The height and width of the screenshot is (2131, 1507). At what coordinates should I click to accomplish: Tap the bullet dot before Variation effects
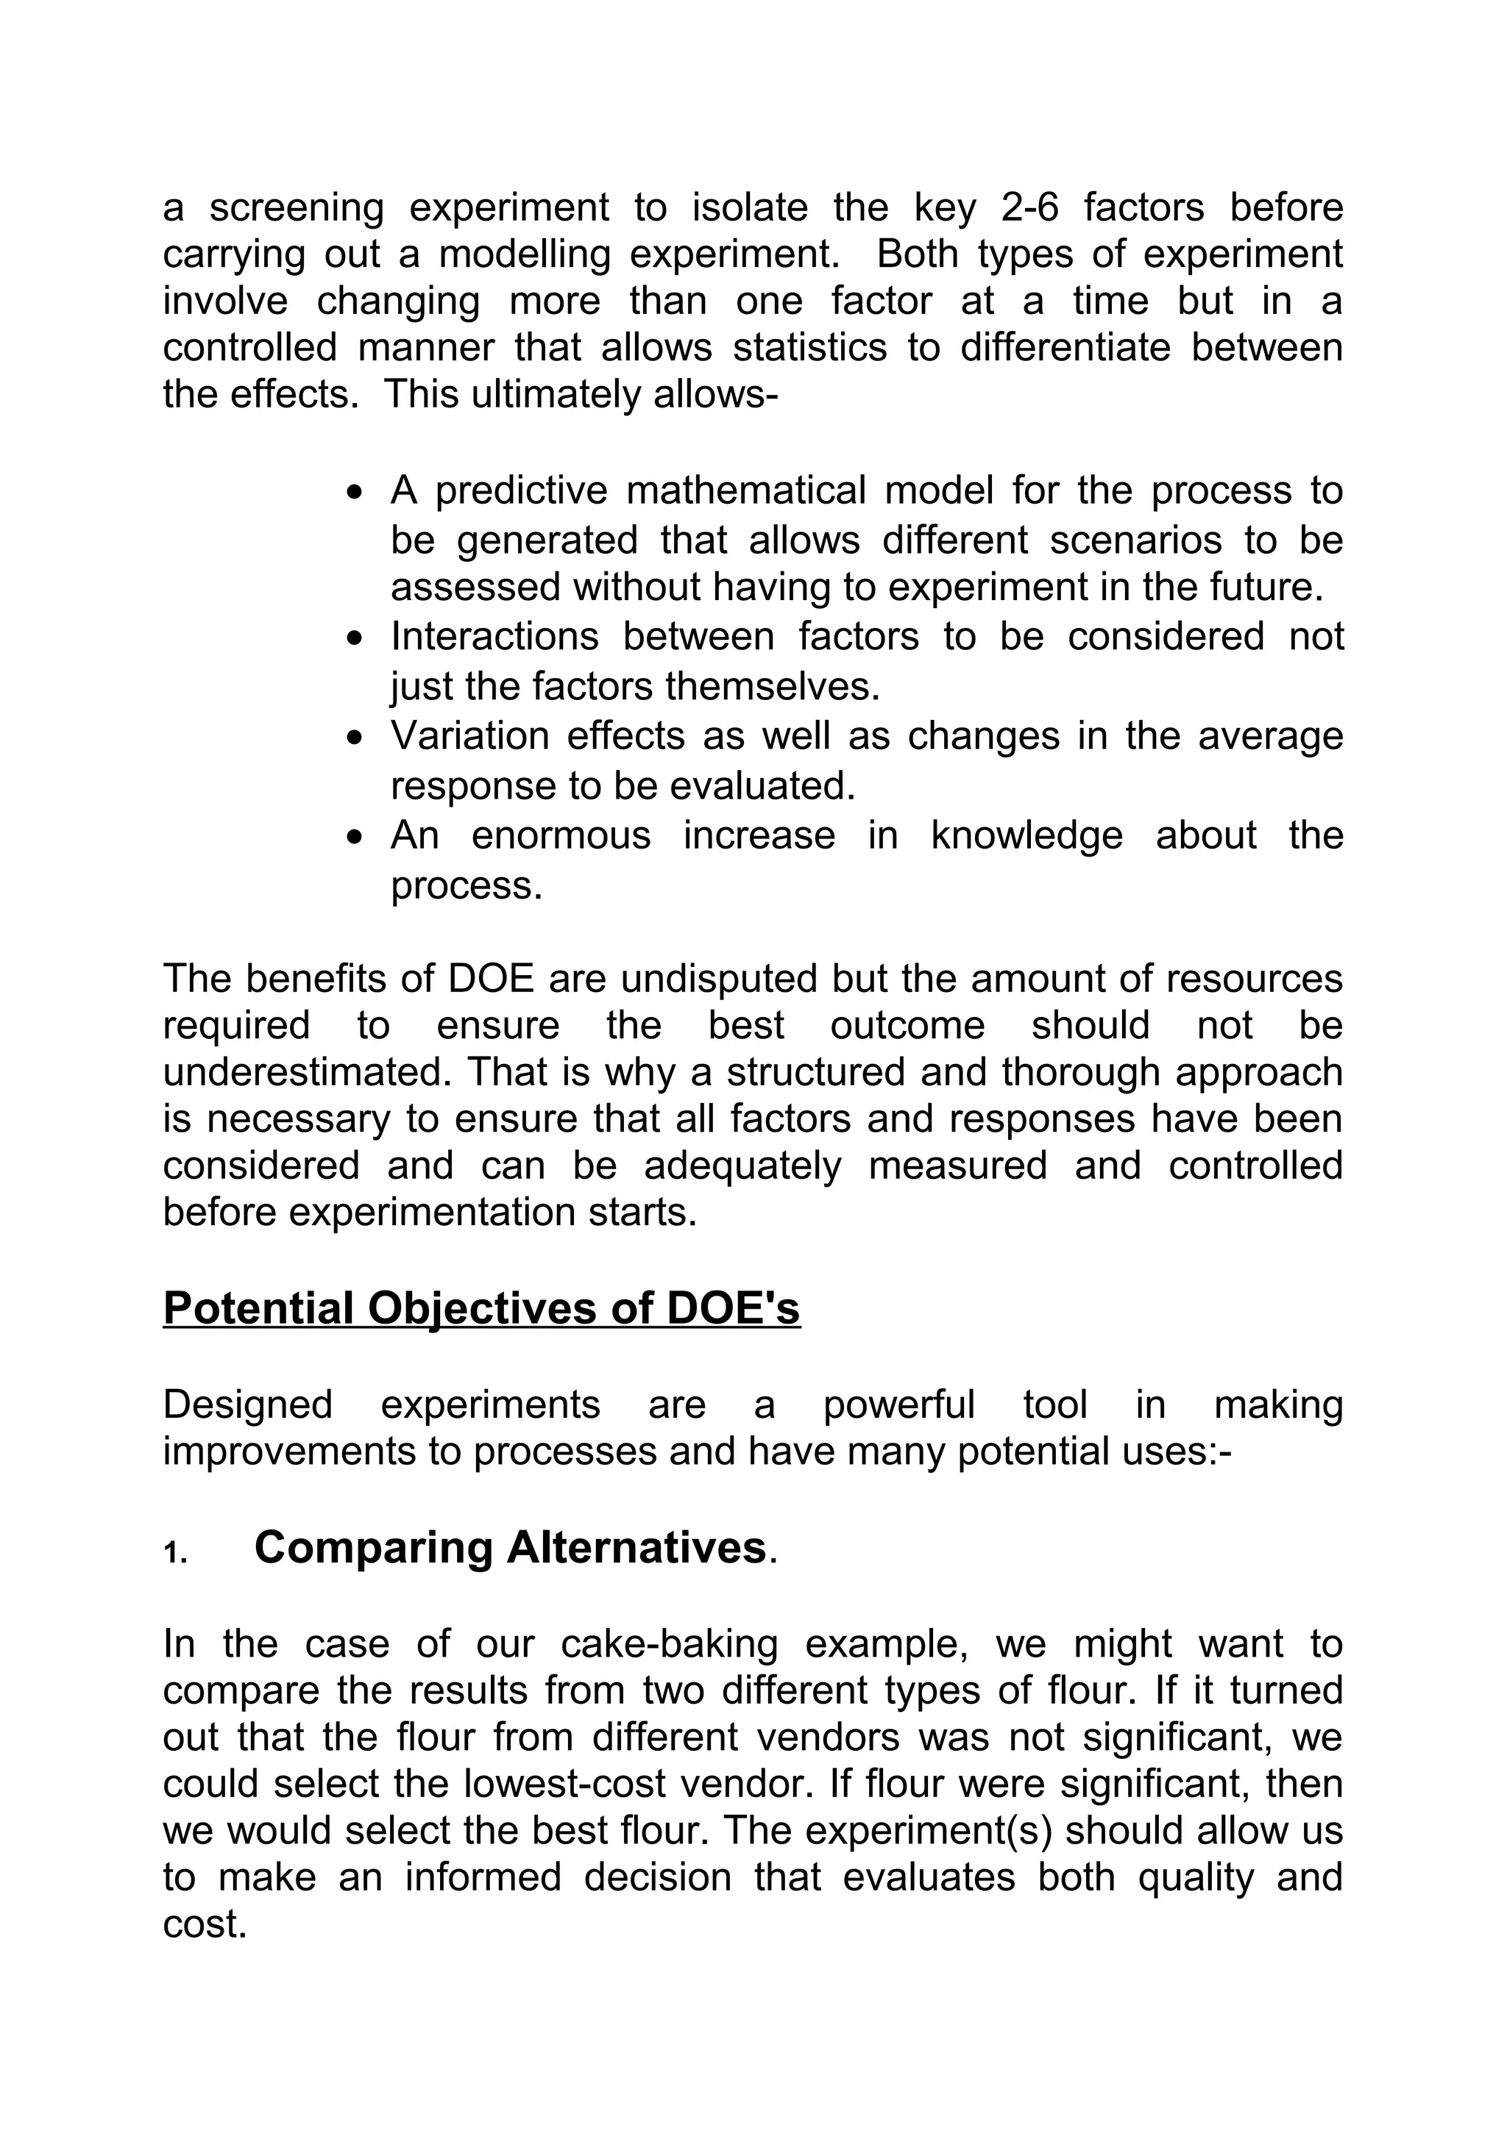354,738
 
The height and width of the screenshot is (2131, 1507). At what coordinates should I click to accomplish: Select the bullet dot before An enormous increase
354,837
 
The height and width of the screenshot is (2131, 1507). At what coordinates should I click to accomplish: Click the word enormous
561,835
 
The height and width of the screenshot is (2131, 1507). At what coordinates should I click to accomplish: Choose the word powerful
898,1404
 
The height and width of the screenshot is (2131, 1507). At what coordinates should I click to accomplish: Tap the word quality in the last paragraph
1196,1877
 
